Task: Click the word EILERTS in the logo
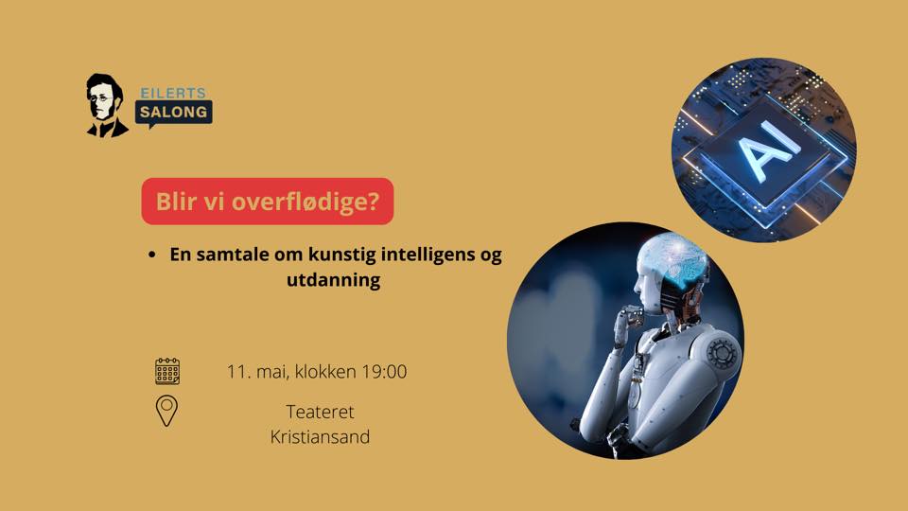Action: pos(173,93)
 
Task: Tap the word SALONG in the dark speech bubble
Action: pos(173,112)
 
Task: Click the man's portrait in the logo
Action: pos(107,105)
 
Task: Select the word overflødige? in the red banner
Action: pos(306,202)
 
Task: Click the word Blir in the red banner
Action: pos(174,202)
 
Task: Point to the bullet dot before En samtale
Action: pos(151,255)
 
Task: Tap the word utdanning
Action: pos(334,280)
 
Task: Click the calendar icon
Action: pos(167,371)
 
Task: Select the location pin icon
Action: pos(166,411)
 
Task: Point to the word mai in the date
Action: pos(272,371)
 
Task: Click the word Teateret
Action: pos(320,412)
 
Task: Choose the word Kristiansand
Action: pos(320,437)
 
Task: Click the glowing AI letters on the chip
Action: pos(768,151)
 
